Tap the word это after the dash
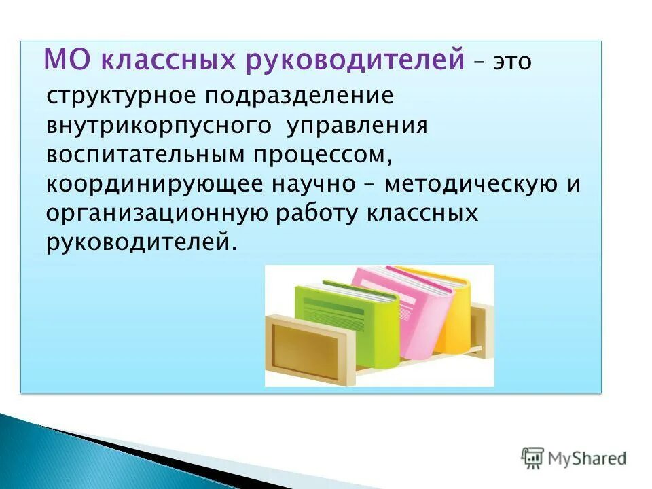[x=511, y=62]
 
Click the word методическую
[x=471, y=185]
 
